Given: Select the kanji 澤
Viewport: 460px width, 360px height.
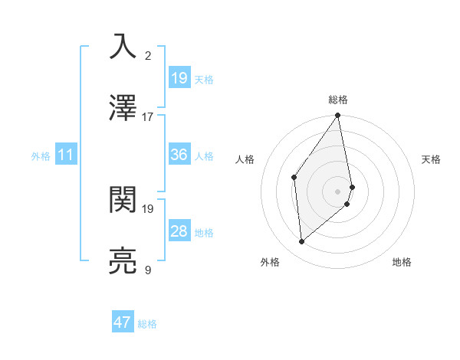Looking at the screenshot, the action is (x=123, y=108).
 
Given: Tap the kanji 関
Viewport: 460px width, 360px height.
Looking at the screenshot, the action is (x=123, y=200).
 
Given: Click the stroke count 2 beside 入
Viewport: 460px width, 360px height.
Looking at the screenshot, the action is (x=148, y=55).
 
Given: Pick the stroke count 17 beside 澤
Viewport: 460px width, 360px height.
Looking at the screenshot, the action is (x=148, y=117).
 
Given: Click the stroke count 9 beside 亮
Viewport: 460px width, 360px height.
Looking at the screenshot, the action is (x=148, y=270).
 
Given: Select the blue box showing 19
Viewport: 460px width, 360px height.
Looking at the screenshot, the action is (x=179, y=77).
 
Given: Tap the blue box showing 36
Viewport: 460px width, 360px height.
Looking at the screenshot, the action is (x=179, y=155).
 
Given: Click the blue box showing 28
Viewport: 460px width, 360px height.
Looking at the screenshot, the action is (x=179, y=231).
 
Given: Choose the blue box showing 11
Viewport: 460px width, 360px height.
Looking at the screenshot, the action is (x=66, y=155).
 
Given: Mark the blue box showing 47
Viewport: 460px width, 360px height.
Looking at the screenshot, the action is (x=123, y=322).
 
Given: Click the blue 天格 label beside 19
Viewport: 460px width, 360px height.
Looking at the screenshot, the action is (x=204, y=79).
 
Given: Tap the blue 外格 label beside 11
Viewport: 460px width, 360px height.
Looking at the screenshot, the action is (x=41, y=155).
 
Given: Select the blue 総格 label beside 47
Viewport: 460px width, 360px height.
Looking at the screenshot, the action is (x=147, y=324).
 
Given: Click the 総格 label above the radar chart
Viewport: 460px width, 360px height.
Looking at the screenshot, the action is (x=338, y=100).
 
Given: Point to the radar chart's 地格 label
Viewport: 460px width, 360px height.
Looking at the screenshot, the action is (x=402, y=263).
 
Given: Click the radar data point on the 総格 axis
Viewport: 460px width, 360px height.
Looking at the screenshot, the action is (x=338, y=116).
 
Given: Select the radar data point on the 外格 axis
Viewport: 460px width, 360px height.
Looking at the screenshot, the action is (x=302, y=241).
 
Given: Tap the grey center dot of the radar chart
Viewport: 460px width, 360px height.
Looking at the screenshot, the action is (x=338, y=191).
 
